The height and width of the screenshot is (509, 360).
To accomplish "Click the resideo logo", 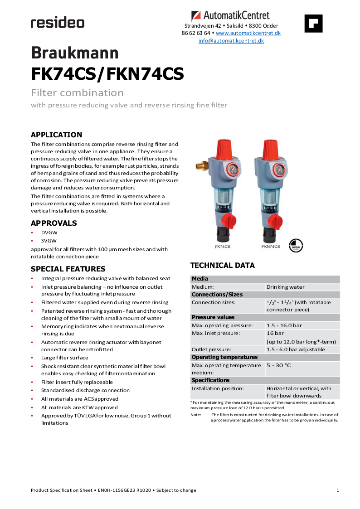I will [x=57, y=23].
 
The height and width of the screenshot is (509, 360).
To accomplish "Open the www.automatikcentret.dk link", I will [x=248, y=33].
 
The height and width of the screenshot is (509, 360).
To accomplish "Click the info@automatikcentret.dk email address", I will [x=231, y=41].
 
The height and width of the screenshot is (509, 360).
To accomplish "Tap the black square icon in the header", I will [x=313, y=23].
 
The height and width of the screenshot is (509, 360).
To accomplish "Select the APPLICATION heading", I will [x=56, y=135].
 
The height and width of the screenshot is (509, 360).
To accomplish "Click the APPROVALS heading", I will [x=54, y=223].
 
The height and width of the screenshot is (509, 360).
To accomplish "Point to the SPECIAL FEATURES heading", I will [x=68, y=269].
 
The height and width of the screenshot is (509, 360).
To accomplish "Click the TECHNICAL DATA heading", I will [x=222, y=265].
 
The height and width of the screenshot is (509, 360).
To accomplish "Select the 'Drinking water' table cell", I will [x=286, y=287].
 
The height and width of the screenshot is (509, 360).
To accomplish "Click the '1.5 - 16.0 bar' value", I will [x=284, y=325].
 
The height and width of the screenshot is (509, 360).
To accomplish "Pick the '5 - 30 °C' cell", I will [x=279, y=365].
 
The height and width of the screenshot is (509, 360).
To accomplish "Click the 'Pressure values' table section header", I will [x=213, y=317].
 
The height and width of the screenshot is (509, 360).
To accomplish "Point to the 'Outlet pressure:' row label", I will [x=211, y=349].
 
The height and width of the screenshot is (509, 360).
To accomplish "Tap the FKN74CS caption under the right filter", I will [x=270, y=247].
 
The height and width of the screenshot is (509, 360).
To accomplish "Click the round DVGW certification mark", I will [x=296, y=245].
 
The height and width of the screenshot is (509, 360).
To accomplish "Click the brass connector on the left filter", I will [x=201, y=161].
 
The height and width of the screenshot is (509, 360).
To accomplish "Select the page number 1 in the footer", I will [x=338, y=490].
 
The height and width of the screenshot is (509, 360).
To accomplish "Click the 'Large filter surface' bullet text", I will [x=64, y=358].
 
